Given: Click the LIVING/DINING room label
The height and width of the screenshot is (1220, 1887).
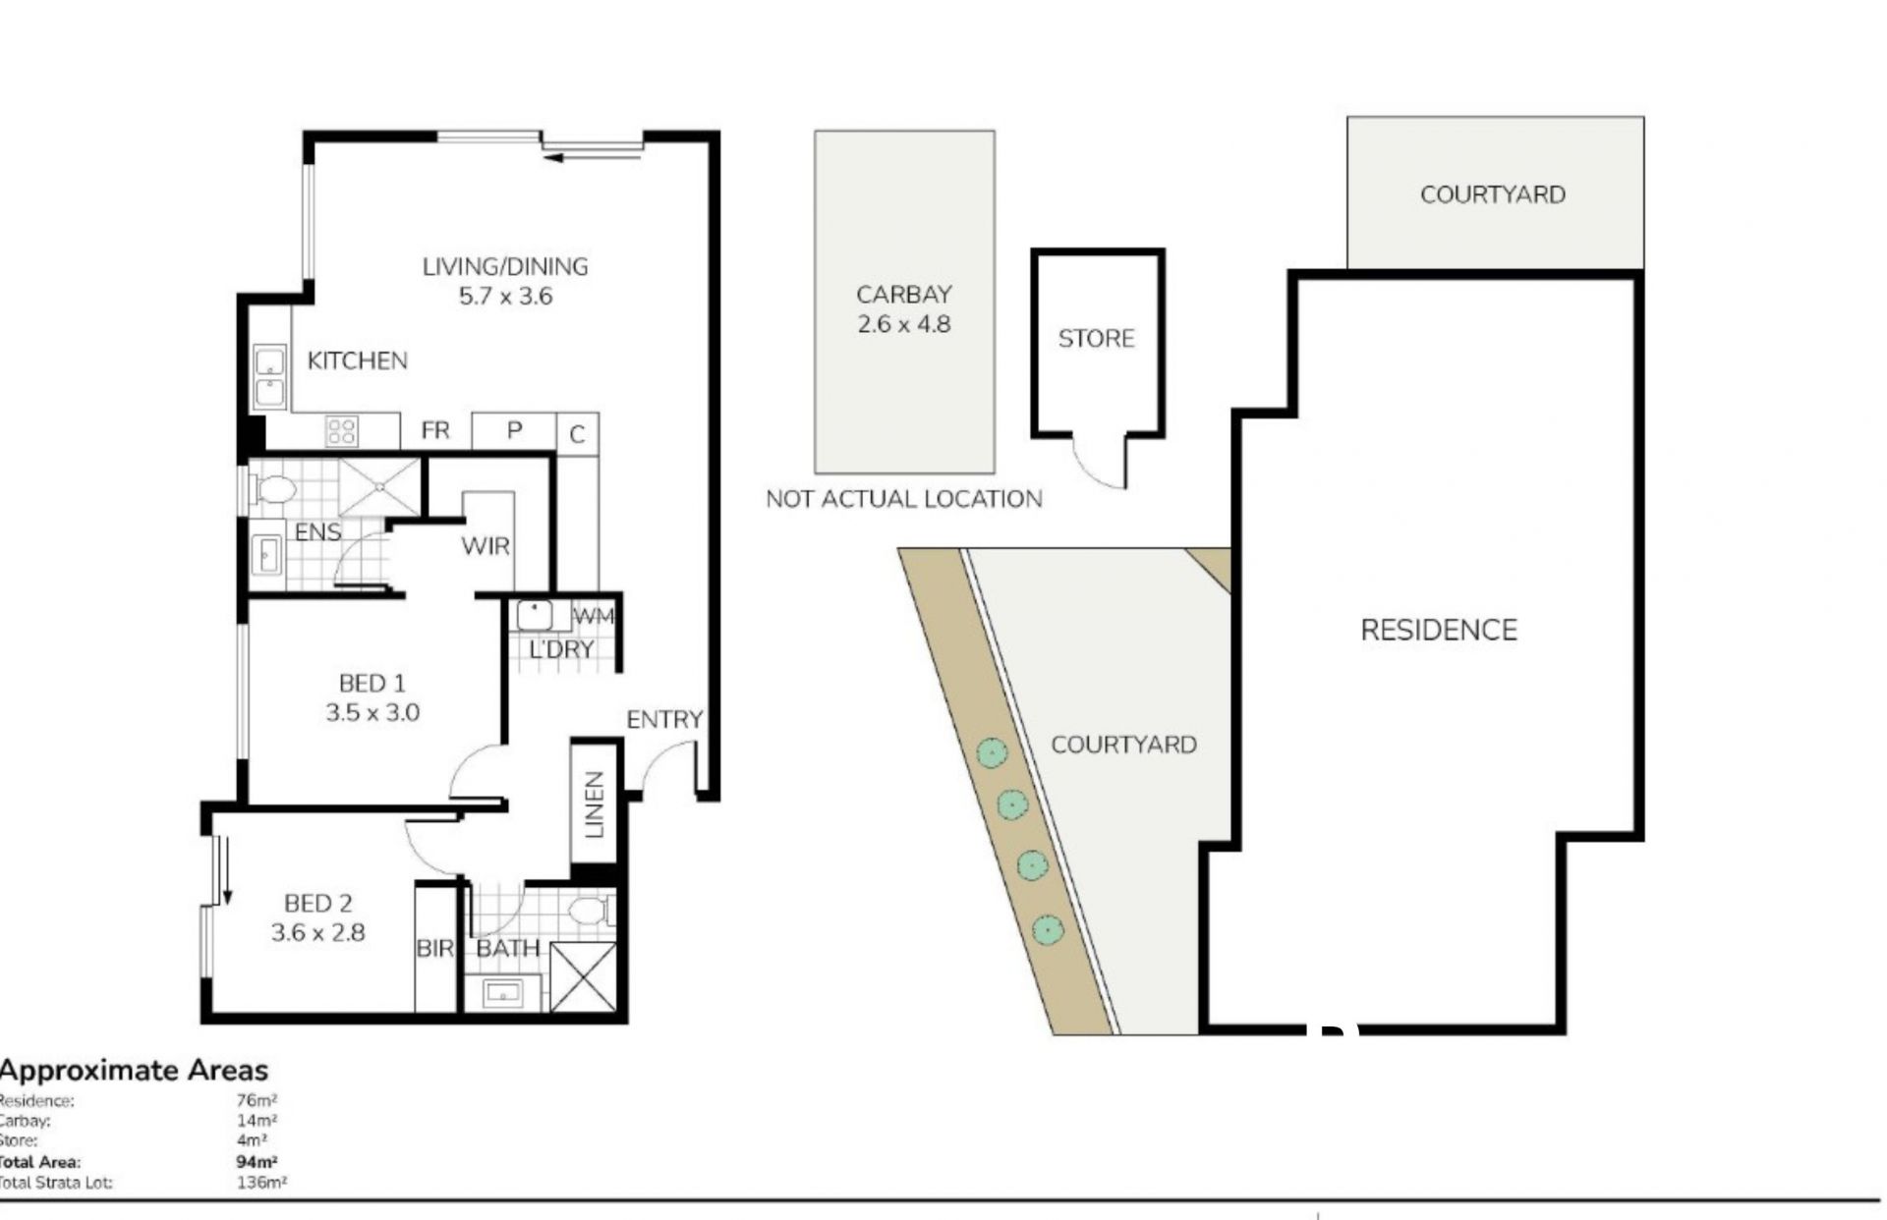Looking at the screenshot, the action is (505, 266).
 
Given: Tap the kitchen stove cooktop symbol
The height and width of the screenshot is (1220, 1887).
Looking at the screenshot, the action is (341, 431).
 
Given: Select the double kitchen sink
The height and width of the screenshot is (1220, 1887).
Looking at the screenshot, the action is (270, 377).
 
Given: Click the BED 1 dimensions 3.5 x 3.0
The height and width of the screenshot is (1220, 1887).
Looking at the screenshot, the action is (372, 712).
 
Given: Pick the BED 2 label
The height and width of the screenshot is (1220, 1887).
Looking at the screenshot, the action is (317, 903).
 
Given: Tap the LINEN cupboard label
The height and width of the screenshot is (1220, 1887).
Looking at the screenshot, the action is (594, 804).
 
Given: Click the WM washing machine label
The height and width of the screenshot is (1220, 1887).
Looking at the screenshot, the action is (593, 616).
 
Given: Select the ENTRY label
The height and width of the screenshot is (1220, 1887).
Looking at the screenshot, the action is (664, 720).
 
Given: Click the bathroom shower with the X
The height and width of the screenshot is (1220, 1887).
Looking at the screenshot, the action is (584, 976).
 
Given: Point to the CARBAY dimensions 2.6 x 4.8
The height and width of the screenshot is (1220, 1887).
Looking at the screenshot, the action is (904, 324).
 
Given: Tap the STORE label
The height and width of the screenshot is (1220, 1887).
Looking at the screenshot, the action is (1096, 339).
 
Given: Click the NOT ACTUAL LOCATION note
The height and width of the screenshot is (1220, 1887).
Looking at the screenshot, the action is (904, 499).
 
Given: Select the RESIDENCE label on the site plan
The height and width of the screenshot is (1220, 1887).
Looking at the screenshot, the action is (1439, 630).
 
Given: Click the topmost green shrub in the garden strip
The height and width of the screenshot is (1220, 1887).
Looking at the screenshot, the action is (993, 753).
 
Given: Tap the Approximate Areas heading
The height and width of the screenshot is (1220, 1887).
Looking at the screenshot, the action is (134, 1070).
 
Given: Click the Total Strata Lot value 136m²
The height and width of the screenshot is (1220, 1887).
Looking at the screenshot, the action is (261, 1183).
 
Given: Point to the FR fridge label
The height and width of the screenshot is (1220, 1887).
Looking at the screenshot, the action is (435, 430).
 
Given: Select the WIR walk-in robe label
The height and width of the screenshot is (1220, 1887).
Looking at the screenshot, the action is (486, 546).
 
